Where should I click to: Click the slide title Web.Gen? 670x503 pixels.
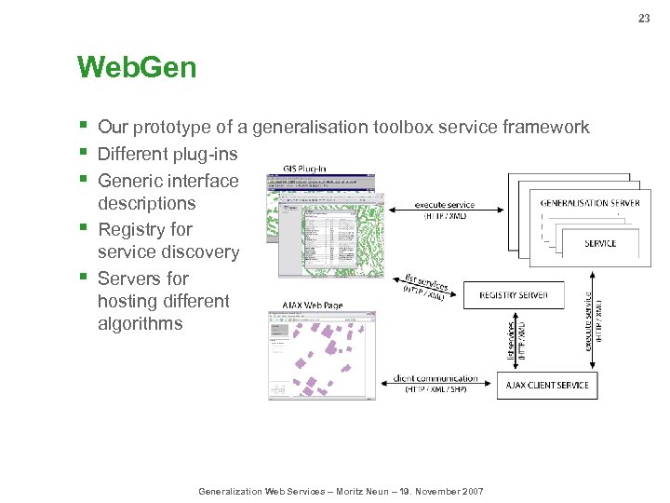click(137, 68)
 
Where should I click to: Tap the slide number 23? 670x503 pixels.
click(644, 18)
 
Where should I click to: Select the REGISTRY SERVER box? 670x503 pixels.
click(514, 295)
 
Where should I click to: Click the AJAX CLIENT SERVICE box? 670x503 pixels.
click(548, 385)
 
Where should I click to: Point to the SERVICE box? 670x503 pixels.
click(600, 243)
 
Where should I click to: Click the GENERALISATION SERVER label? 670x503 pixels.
click(590, 202)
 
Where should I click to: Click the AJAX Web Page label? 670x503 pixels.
click(312, 305)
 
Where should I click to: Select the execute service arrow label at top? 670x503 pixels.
click(444, 205)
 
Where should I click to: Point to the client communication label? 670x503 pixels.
click(435, 378)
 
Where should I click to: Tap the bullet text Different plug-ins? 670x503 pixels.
click(167, 154)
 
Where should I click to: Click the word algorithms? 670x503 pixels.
click(140, 324)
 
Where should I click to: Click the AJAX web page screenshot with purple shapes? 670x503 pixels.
click(322, 355)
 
